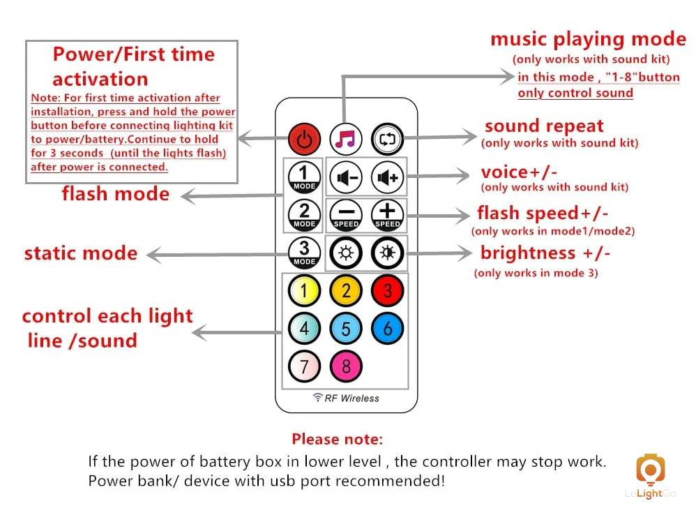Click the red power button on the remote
pyautogui.click(x=304, y=138)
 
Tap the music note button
pyautogui.click(x=346, y=138)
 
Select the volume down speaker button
pyautogui.click(x=346, y=177)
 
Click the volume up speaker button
pyautogui.click(x=387, y=177)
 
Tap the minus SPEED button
pyautogui.click(x=346, y=215)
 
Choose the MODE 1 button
pyautogui.click(x=304, y=177)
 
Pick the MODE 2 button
pyautogui.click(x=304, y=215)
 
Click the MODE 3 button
pyautogui.click(x=304, y=253)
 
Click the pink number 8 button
pyautogui.click(x=346, y=366)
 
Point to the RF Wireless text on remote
pyautogui.click(x=347, y=398)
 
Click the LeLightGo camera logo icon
pyautogui.click(x=650, y=470)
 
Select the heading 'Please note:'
pyautogui.click(x=337, y=440)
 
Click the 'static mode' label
pyautogui.click(x=81, y=253)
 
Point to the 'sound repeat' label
pyautogui.click(x=544, y=126)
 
